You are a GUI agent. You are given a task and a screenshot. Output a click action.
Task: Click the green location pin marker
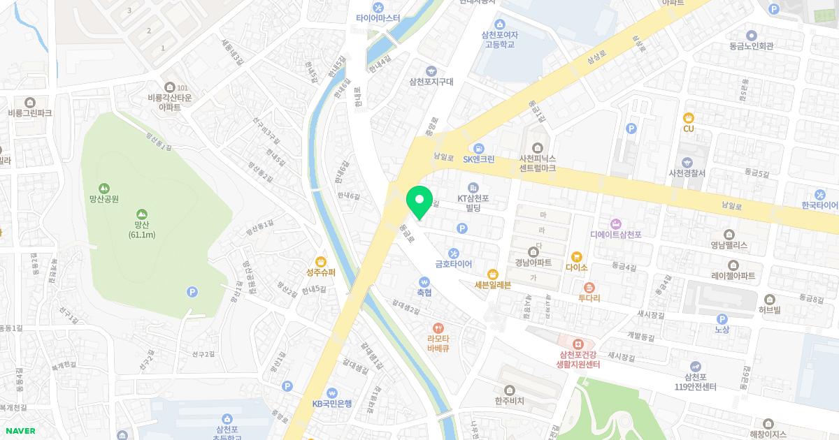419,201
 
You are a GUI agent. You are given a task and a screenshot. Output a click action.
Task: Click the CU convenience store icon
689,117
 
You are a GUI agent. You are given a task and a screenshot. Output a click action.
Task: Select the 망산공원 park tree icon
104,187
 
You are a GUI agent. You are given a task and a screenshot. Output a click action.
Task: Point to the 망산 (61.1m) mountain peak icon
141,213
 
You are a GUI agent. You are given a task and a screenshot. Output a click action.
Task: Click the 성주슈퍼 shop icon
321,261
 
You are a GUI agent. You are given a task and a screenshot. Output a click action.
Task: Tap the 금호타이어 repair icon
454,253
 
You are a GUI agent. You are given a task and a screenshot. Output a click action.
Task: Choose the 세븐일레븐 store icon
493,273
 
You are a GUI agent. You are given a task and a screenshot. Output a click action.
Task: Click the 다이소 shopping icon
577,256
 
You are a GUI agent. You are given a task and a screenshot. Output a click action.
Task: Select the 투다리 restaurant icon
589,287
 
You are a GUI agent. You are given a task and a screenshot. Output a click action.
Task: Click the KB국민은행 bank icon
332,392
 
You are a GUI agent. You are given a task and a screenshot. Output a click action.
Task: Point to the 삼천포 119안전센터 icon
696,366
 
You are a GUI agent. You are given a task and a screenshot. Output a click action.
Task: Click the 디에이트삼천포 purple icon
616,223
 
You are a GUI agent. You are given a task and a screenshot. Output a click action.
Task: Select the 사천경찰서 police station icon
688,161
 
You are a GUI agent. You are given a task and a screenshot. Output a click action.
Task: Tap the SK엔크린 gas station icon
478,148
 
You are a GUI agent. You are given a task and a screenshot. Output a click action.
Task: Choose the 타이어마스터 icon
378,8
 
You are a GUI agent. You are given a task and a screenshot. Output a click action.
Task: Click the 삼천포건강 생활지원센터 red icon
578,344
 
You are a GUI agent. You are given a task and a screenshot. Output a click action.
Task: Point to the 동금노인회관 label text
751,46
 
